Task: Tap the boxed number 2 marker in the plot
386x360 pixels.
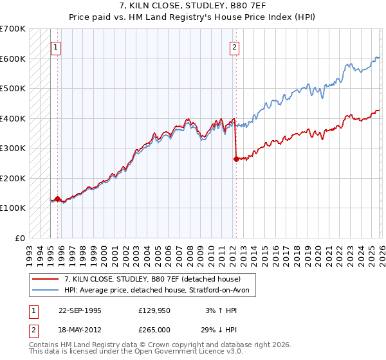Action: pos(234,47)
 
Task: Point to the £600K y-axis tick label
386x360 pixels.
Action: pos(12,59)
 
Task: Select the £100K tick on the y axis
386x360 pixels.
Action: pos(12,208)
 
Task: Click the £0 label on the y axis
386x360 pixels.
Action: pos(19,238)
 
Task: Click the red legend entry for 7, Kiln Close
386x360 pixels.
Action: pos(152,279)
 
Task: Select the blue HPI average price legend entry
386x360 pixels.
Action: pos(160,290)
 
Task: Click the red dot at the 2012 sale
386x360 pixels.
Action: pos(236,159)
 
